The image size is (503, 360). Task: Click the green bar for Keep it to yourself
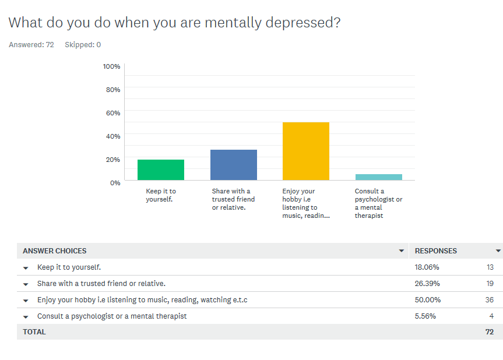[161, 170]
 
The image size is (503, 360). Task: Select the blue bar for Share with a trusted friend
[233, 165]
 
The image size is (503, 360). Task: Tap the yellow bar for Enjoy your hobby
[305, 151]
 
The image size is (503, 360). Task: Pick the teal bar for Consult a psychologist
[378, 177]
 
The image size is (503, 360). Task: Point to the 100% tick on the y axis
[111, 66]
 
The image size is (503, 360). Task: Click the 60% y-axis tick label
[113, 113]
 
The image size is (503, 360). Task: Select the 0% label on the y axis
[115, 182]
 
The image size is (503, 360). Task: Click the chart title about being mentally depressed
[174, 23]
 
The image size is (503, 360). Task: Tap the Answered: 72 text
[31, 45]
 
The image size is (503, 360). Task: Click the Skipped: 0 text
[83, 45]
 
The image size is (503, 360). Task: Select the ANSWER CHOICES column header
[54, 251]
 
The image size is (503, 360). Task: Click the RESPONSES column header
[436, 251]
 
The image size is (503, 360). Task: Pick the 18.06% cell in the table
[427, 267]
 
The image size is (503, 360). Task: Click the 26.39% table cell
[427, 284]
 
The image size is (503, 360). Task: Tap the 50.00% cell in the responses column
[428, 300]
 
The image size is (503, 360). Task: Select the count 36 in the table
[489, 300]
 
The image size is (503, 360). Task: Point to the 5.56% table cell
[425, 316]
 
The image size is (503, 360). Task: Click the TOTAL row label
[34, 332]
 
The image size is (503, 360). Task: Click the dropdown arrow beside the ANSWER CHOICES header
[401, 251]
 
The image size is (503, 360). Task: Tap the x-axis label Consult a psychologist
[378, 203]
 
